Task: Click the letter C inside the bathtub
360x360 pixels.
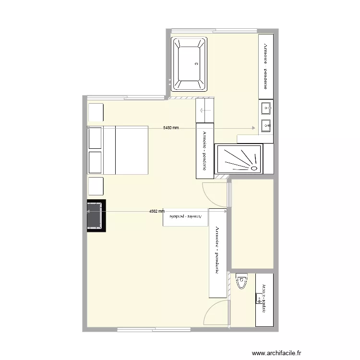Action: (x=196, y=63)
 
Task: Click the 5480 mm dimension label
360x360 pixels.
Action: (x=171, y=128)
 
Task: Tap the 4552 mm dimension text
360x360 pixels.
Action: (x=156, y=211)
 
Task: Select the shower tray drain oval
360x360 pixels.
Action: (x=252, y=168)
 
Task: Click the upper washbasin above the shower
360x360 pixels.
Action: (x=266, y=108)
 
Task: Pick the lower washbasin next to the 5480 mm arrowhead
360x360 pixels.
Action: (x=266, y=126)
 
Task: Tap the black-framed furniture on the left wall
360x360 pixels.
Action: (x=96, y=216)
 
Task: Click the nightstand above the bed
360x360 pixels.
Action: (x=96, y=112)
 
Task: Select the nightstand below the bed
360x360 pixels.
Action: (x=96, y=186)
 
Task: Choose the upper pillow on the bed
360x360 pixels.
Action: (x=95, y=138)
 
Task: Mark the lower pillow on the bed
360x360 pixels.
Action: (x=95, y=162)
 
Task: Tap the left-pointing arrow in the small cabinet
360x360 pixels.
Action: (x=205, y=111)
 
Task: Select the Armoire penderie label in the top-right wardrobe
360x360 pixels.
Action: (x=265, y=66)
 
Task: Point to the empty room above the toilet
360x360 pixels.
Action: (x=252, y=223)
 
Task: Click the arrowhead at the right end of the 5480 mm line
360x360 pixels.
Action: (x=253, y=128)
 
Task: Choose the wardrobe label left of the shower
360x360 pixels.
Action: (x=204, y=151)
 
